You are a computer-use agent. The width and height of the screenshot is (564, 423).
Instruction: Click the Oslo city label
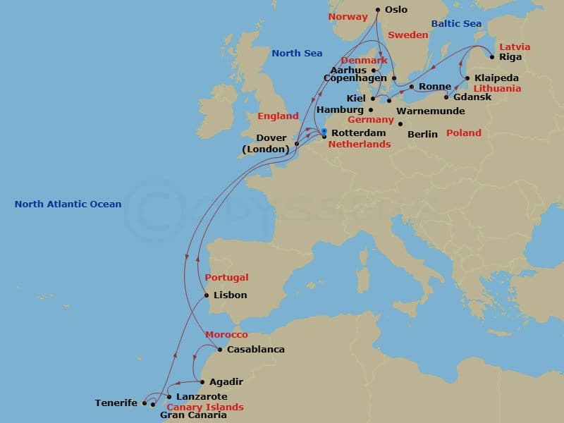tap(396, 10)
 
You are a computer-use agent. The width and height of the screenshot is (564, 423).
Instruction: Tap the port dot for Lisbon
tap(207, 295)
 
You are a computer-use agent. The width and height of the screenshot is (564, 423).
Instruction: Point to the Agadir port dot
tap(203, 382)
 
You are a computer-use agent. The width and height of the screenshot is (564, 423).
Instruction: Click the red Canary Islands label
tap(204, 407)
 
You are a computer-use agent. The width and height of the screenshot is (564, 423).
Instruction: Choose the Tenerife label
tap(116, 403)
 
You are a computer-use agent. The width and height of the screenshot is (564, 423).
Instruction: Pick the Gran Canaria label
tap(193, 416)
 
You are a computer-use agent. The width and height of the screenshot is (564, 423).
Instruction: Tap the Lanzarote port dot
tap(169, 397)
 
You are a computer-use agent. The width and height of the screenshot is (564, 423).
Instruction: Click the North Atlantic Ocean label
tap(68, 204)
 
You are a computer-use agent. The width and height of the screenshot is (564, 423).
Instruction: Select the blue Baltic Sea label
tap(456, 24)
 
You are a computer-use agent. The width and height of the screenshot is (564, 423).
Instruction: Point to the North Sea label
tap(297, 53)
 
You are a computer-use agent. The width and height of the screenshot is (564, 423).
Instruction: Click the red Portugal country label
tap(226, 277)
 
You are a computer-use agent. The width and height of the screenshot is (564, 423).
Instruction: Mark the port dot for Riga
tap(492, 56)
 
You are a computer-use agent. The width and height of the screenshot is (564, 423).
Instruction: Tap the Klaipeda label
tap(496, 78)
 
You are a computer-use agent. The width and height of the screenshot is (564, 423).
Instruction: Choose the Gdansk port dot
tap(446, 97)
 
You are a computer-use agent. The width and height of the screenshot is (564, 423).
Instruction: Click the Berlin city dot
tap(400, 124)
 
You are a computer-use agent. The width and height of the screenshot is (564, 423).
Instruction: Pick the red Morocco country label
tap(226, 334)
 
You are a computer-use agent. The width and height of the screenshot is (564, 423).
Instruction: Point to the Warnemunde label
tap(430, 111)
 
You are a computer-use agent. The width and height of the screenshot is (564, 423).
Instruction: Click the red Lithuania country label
tap(497, 89)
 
